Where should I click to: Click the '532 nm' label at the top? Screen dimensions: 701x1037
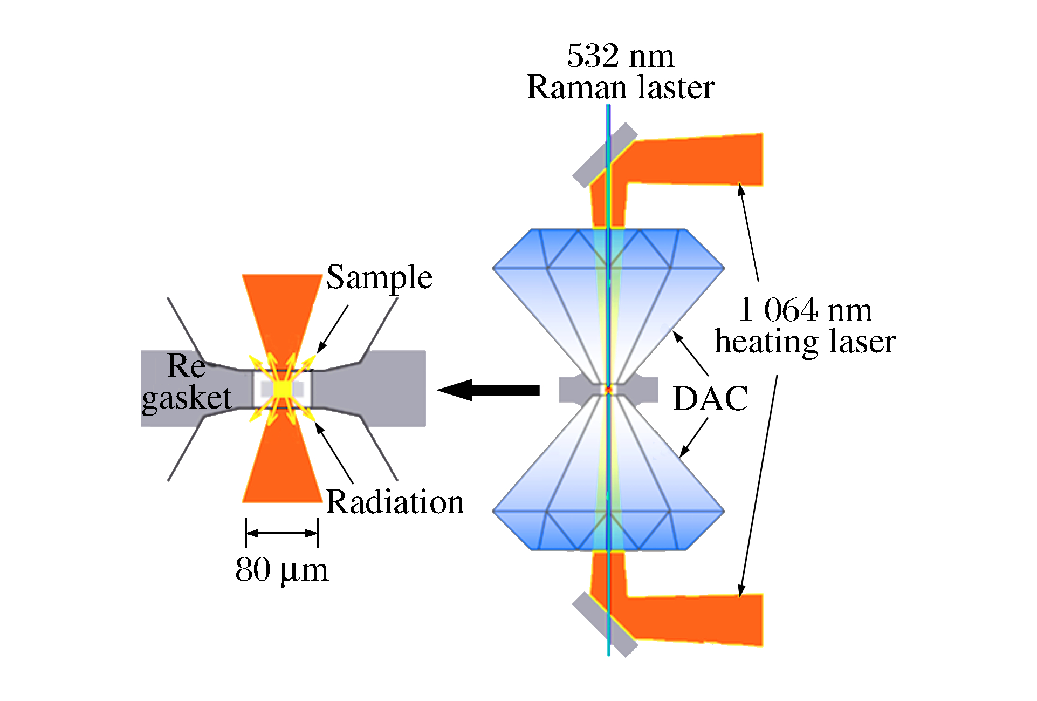tap(620, 56)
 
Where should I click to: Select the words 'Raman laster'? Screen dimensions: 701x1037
tap(620, 87)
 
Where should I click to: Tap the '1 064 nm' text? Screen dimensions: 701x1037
tap(805, 310)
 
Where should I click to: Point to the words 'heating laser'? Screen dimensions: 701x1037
tap(805, 342)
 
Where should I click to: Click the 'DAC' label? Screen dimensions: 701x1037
tap(710, 399)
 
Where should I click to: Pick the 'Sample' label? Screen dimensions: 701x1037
tap(379, 277)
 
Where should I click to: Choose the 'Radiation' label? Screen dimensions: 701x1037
tap(395, 502)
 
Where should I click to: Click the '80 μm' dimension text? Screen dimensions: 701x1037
tap(281, 570)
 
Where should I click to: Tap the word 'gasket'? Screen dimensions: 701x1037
tap(187, 399)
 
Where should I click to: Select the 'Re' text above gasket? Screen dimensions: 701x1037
tap(186, 366)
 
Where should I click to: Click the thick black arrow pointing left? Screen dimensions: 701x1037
tap(488, 390)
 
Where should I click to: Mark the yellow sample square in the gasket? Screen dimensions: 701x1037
tap(282, 389)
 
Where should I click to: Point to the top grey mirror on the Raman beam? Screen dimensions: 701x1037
tap(604, 155)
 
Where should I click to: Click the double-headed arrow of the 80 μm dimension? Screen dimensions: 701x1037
tap(281, 533)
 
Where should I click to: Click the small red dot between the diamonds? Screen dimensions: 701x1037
tap(608, 389)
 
